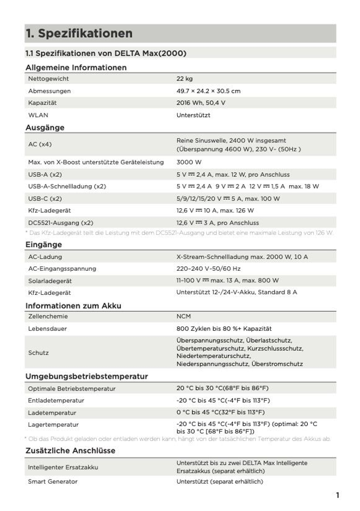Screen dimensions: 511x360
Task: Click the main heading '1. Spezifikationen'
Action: click(x=79, y=34)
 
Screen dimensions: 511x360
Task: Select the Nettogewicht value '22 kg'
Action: click(x=184, y=79)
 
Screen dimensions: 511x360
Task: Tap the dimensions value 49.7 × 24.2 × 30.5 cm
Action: click(x=209, y=91)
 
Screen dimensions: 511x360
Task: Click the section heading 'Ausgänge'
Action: click(x=45, y=128)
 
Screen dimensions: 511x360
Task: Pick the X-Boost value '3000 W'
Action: click(x=189, y=162)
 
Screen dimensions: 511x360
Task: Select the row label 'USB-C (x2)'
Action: click(x=44, y=199)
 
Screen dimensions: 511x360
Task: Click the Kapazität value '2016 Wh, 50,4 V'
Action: click(x=201, y=103)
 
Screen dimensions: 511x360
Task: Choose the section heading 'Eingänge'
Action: click(x=44, y=245)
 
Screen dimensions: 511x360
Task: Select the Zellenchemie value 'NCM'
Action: click(x=184, y=316)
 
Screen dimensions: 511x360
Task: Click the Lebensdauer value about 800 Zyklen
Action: click(x=224, y=328)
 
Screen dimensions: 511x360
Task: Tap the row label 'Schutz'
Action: click(x=38, y=353)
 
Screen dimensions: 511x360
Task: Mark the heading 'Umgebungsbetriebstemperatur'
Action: click(x=87, y=376)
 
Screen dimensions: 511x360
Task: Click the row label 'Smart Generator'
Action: click(x=53, y=482)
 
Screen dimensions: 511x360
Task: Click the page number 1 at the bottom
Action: click(x=337, y=496)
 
